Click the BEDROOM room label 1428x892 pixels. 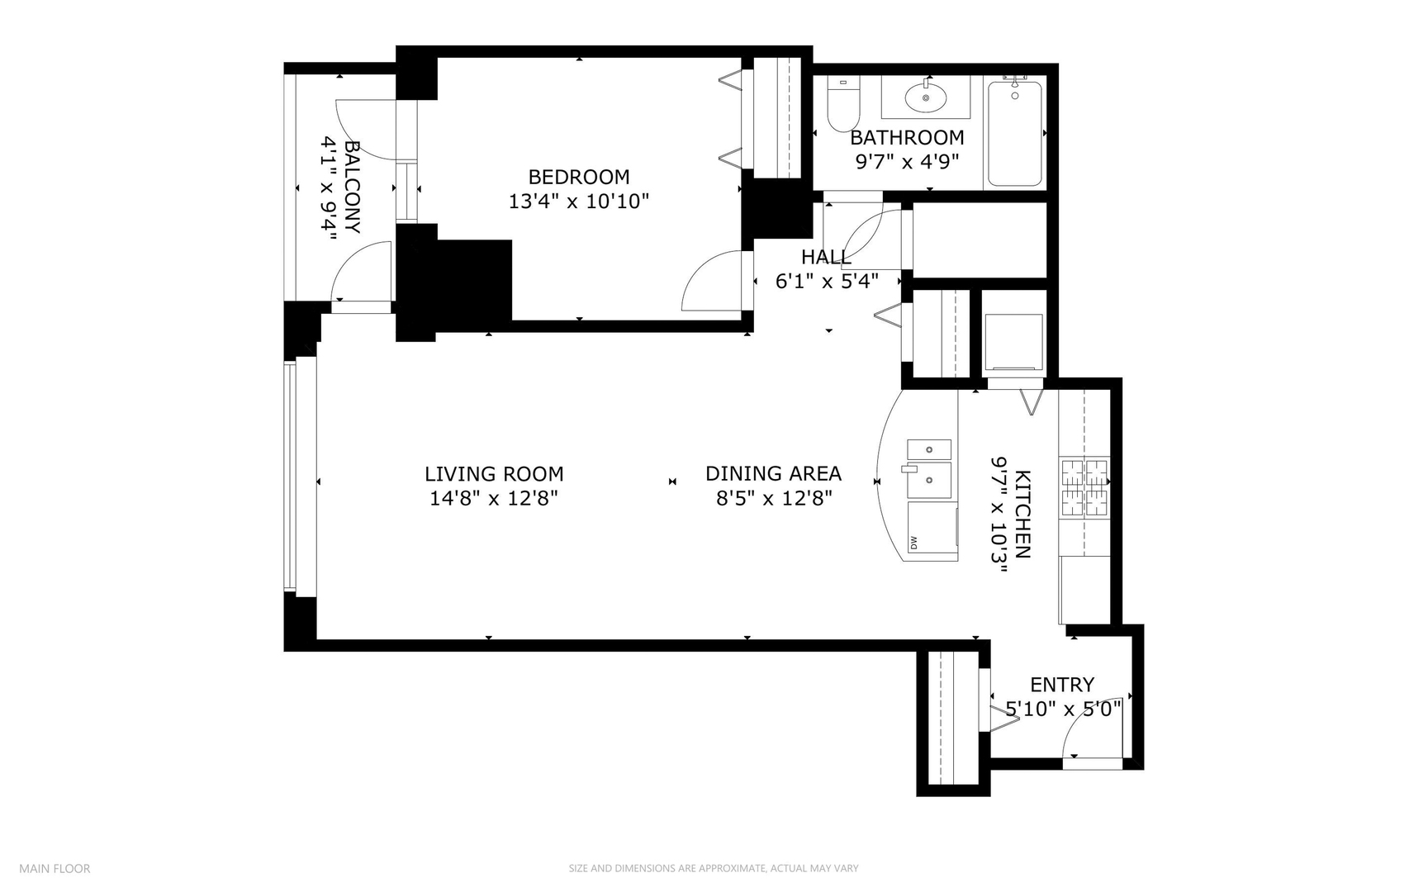click(578, 177)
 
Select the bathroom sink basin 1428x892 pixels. click(925, 98)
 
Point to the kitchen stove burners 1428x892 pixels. click(1084, 488)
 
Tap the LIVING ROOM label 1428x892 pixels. click(494, 474)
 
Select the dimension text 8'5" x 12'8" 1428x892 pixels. click(773, 498)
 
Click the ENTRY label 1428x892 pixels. click(1061, 685)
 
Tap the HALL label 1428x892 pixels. click(825, 257)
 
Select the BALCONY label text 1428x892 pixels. click(352, 187)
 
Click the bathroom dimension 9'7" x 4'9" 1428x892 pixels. click(906, 161)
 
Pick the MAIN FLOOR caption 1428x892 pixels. click(55, 868)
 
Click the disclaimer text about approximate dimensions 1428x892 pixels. click(713, 868)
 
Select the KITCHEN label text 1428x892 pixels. click(1022, 514)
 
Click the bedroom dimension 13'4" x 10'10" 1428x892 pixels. click(578, 201)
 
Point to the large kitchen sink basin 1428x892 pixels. click(929, 480)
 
